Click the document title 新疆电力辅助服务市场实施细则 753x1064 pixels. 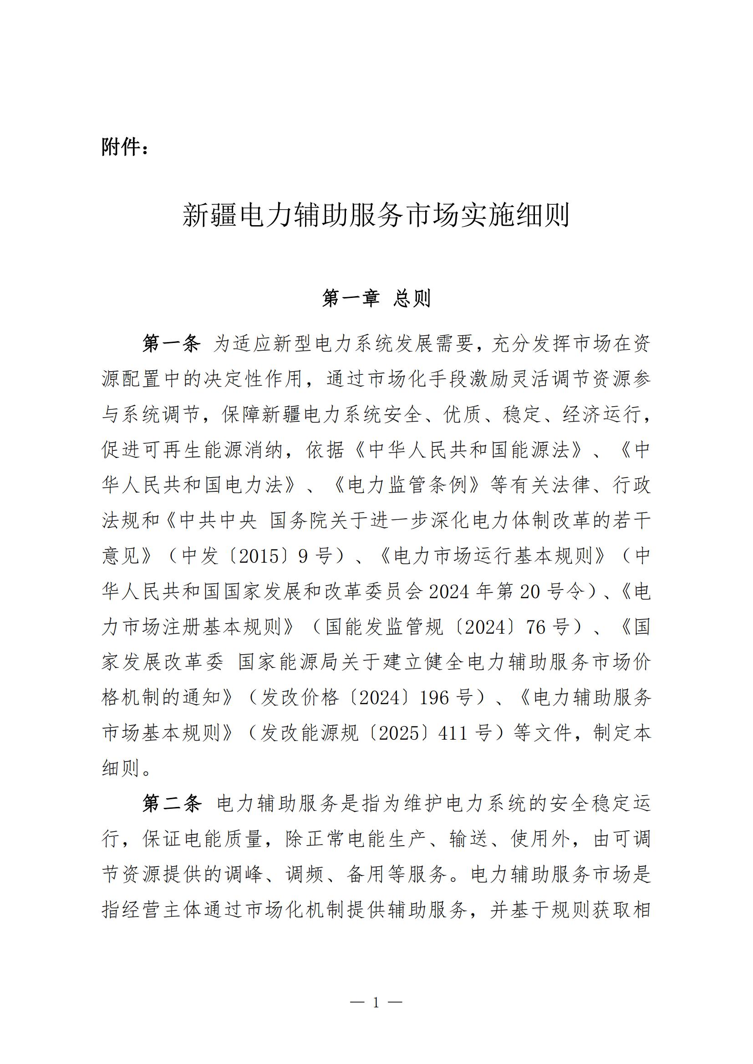tap(376, 215)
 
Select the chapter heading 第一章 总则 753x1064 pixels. tap(376, 298)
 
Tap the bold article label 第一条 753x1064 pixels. tap(171, 344)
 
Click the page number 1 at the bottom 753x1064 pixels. tap(376, 1003)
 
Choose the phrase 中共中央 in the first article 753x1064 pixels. tap(218, 521)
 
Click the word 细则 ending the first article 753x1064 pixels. tap(121, 768)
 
